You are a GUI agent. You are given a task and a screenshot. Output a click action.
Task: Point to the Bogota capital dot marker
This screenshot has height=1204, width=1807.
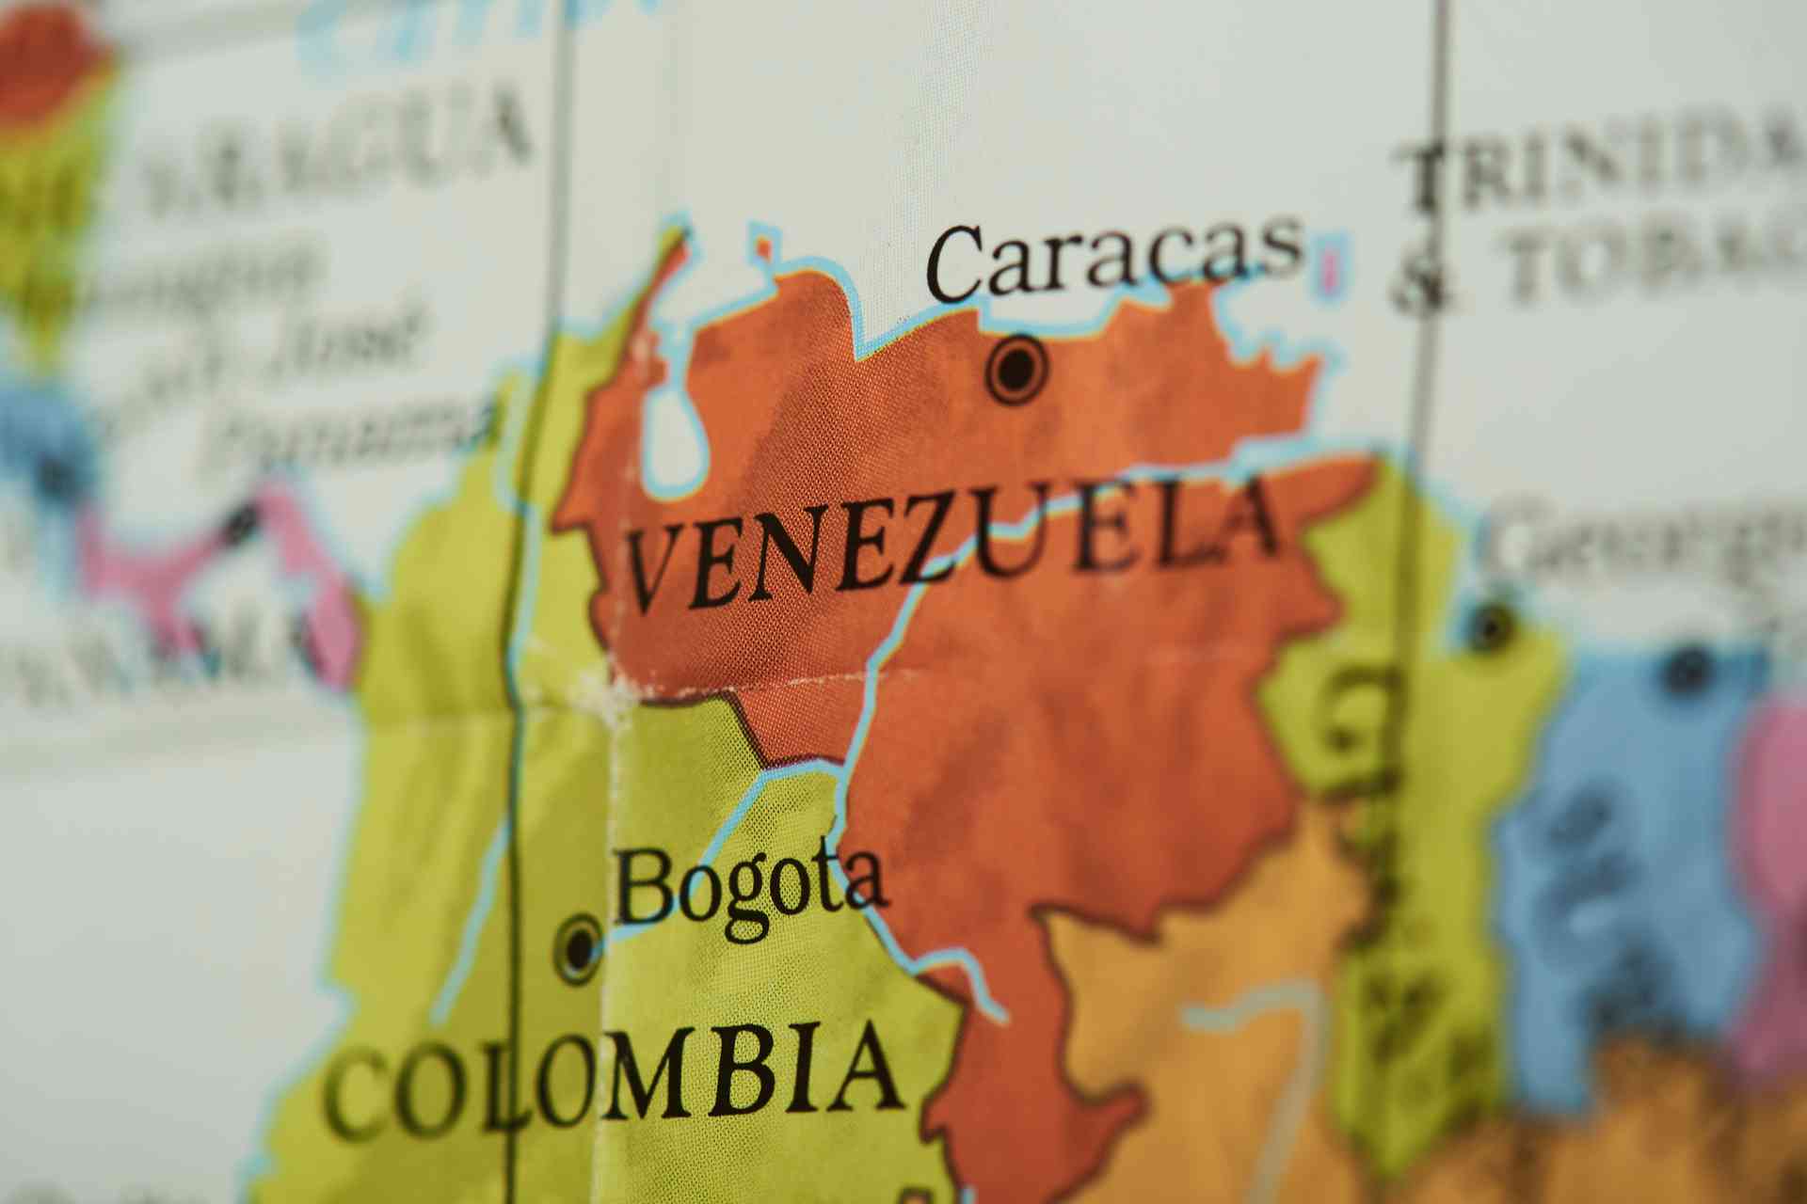[579, 945]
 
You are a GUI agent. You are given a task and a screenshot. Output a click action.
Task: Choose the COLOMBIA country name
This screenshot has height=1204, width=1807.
[612, 1082]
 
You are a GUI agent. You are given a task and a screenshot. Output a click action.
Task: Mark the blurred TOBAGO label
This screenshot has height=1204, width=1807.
[1656, 254]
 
